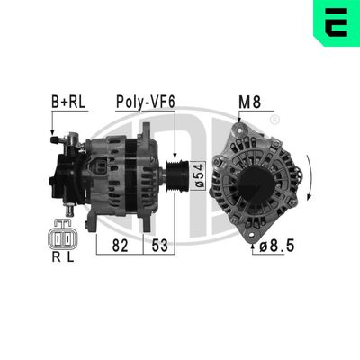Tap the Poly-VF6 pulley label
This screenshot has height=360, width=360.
click(x=145, y=102)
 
